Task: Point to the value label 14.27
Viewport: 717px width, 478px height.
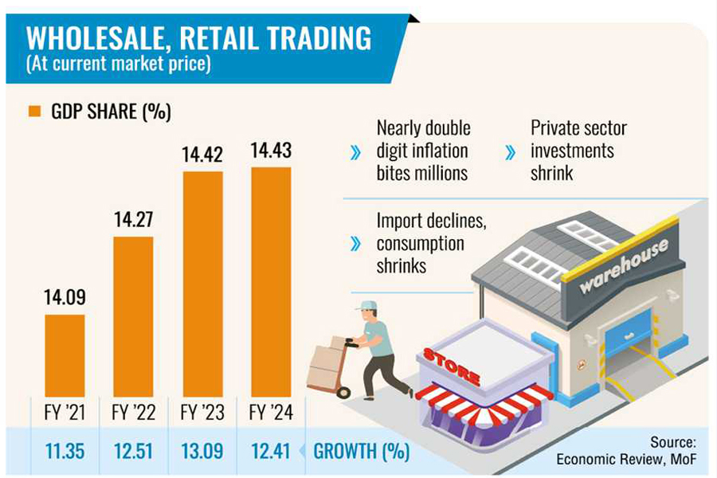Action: [x=133, y=220]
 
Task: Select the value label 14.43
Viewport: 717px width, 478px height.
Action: [x=271, y=151]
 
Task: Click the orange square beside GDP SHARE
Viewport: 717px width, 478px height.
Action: [x=34, y=112]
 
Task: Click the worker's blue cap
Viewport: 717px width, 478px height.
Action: [x=366, y=305]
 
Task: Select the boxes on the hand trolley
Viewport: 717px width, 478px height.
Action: [x=326, y=362]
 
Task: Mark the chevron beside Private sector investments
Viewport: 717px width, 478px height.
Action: [x=510, y=151]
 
